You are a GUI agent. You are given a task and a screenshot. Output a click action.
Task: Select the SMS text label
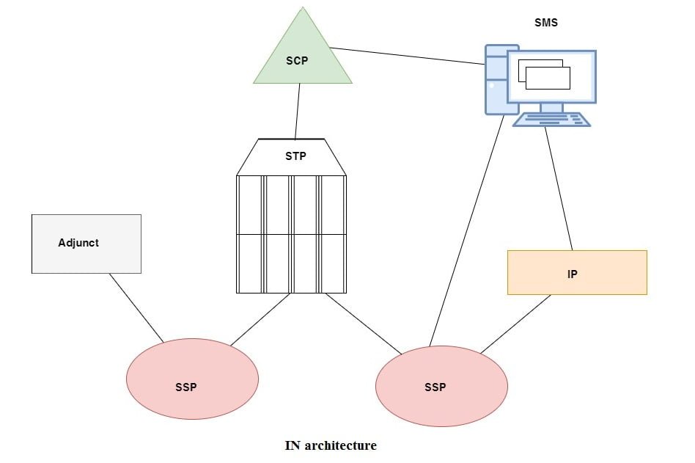coord(546,23)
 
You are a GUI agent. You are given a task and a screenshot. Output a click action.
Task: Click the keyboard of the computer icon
coord(551,120)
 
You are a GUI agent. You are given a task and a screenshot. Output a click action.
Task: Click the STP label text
coord(295,156)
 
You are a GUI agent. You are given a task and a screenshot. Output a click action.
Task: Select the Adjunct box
coord(87,244)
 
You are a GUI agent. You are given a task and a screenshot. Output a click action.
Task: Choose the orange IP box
coord(577,273)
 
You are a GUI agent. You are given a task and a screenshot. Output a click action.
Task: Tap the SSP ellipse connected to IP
coord(441,386)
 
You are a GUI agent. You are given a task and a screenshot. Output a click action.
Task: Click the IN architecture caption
coord(331,445)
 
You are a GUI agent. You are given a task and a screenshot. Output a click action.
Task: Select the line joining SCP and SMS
coord(407,56)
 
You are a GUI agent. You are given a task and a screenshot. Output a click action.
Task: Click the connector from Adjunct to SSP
coord(136,307)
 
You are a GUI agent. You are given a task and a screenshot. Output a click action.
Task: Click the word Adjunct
coord(78,242)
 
